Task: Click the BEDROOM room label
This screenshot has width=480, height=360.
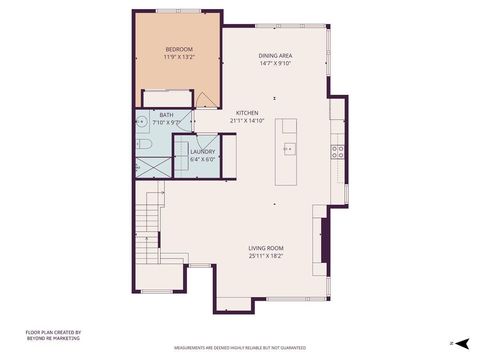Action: [179, 49]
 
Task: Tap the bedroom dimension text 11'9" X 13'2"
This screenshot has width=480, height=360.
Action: [179, 57]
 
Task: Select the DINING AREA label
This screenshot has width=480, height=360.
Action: [274, 56]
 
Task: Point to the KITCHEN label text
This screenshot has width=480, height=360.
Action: [247, 112]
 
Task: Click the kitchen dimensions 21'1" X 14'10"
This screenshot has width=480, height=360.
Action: [247, 120]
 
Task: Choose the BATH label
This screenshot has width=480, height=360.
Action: [166, 115]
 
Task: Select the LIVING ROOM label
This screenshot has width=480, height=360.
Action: [267, 248]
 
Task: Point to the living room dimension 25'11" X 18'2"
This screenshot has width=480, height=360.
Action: [267, 256]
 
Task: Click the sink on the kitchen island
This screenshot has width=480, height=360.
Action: [289, 149]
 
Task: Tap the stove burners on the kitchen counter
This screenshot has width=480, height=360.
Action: [338, 153]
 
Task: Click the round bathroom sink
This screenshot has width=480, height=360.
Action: [142, 122]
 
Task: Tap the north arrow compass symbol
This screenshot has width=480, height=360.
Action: [463, 342]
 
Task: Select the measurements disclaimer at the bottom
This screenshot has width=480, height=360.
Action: [240, 348]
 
